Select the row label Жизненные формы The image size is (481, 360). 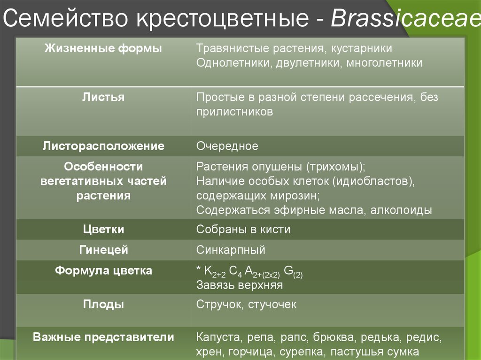click(x=103, y=48)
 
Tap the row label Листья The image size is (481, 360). click(x=103, y=97)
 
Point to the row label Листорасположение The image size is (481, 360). click(x=103, y=146)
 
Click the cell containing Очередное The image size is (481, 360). click(x=227, y=146)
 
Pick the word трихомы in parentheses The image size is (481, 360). click(x=335, y=167)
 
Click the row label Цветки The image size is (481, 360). click(x=103, y=230)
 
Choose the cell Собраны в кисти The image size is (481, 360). click(x=243, y=230)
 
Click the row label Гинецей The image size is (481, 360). click(x=103, y=250)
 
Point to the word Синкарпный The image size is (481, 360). click(x=231, y=250)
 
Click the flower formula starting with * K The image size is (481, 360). click(x=249, y=272)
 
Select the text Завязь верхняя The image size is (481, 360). click(x=240, y=285)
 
